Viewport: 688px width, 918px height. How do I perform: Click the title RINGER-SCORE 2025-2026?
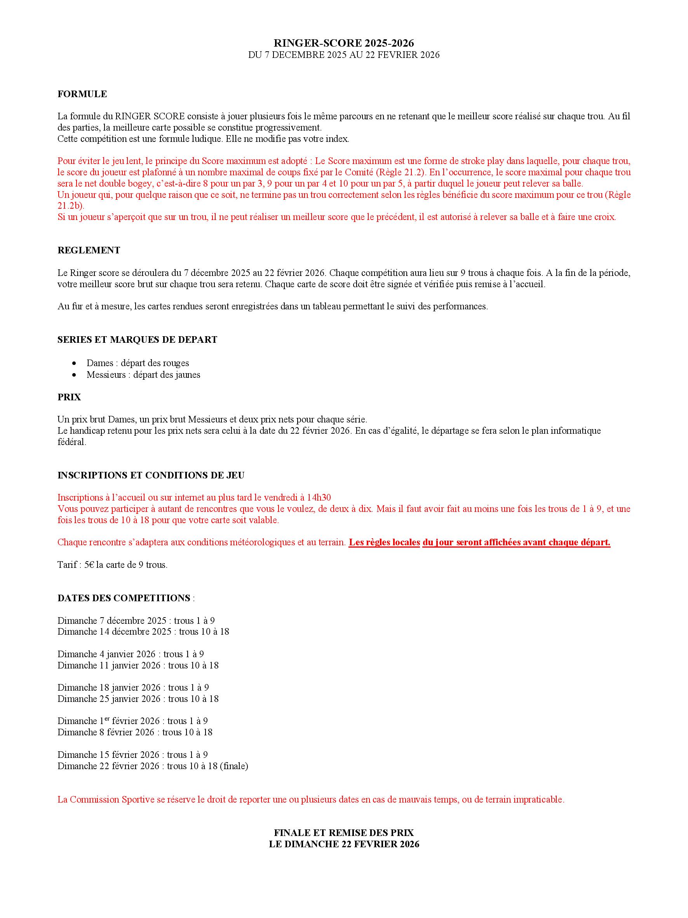click(x=344, y=43)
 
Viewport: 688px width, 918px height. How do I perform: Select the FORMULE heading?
click(x=82, y=94)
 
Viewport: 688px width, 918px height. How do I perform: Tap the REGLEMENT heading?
click(x=89, y=250)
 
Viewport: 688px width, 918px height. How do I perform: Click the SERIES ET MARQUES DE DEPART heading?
click(x=137, y=339)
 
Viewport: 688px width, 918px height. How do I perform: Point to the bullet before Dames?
click(x=74, y=363)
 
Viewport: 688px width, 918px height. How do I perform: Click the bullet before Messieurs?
click(x=74, y=375)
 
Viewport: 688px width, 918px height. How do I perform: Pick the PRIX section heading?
click(x=69, y=397)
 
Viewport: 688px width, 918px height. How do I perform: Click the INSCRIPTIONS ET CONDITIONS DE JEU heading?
click(x=151, y=475)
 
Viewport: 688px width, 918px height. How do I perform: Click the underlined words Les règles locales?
click(x=384, y=543)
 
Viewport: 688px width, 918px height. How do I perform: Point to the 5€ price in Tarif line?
click(x=89, y=565)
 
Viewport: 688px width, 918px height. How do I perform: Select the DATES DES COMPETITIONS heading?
click(x=124, y=598)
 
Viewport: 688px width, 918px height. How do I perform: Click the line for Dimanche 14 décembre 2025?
click(x=143, y=632)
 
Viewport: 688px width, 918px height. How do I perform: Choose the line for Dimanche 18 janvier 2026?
click(x=133, y=688)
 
